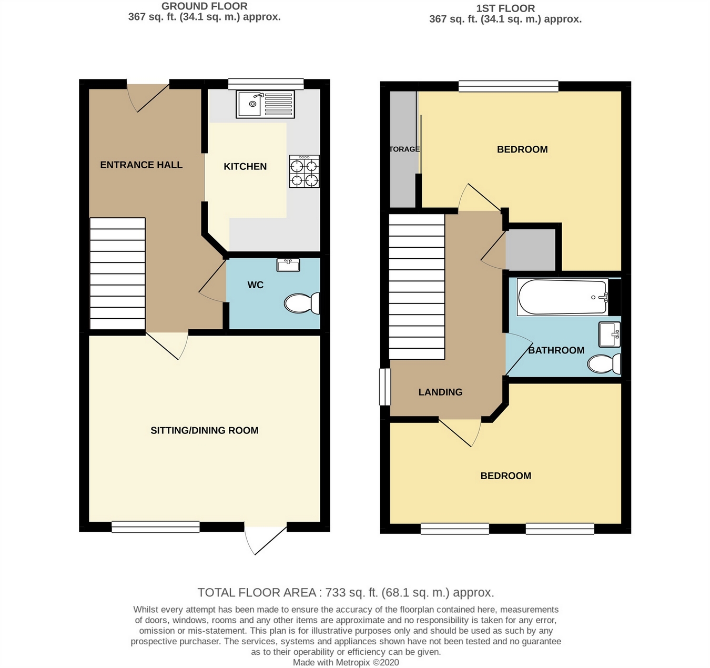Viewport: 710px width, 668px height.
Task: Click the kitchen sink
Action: pos(266,104)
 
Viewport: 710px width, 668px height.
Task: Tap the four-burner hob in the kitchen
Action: pos(304,171)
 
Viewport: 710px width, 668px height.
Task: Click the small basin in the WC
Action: pos(288,265)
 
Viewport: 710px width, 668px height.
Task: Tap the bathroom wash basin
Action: pos(610,335)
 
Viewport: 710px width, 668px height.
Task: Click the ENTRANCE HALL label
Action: pos(141,165)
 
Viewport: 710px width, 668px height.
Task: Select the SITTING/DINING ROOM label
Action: pos(204,430)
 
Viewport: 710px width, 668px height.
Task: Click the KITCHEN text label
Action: pos(245,166)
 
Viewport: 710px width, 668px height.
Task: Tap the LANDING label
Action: pos(440,392)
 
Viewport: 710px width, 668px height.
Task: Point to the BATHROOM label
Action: pos(556,350)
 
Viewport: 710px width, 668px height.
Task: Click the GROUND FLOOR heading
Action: pos(204,6)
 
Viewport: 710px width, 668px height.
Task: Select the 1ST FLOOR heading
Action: pos(505,8)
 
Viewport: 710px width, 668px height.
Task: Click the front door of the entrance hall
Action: pos(148,97)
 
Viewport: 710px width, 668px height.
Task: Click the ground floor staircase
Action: pos(117,274)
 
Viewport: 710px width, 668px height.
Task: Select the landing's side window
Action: pos(385,387)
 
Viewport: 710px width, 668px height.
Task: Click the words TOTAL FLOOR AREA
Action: pos(257,593)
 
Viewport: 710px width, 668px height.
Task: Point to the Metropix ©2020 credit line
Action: pos(346,662)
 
